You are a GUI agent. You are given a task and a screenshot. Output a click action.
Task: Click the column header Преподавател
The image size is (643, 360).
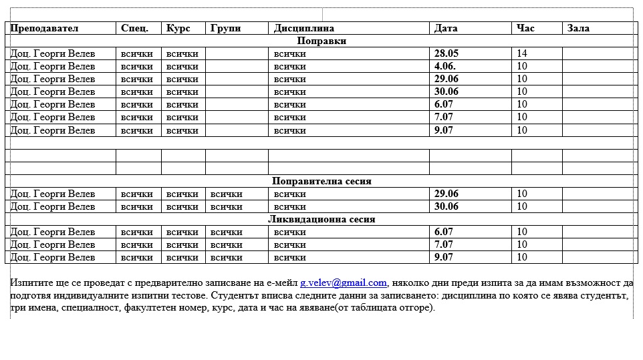click(x=44, y=28)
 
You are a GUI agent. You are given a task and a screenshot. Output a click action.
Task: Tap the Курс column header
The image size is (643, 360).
click(x=178, y=28)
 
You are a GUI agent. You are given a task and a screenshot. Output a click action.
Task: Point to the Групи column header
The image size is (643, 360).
click(x=225, y=28)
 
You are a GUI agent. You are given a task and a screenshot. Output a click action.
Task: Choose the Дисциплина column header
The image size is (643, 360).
click(x=303, y=28)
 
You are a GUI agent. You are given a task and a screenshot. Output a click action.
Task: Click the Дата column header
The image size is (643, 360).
click(x=446, y=28)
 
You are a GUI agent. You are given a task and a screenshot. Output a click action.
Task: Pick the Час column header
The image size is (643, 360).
click(x=526, y=28)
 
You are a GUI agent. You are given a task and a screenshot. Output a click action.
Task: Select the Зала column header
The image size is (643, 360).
click(x=578, y=28)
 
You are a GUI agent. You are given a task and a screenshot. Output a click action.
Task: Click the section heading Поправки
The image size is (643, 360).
click(x=321, y=41)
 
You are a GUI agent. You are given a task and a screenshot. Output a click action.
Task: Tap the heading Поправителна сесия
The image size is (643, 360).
click(x=321, y=181)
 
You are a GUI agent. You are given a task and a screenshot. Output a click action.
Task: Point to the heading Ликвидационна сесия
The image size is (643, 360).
click(x=321, y=219)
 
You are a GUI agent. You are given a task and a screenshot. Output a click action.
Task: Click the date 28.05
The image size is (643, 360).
click(x=446, y=53)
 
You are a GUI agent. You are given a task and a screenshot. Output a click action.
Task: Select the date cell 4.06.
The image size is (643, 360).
click(x=445, y=66)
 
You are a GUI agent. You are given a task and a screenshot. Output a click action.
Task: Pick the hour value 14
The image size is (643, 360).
click(x=522, y=53)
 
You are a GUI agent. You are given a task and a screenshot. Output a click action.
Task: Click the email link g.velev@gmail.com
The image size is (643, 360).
click(x=344, y=283)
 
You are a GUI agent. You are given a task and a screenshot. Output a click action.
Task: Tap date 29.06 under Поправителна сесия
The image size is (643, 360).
click(x=446, y=194)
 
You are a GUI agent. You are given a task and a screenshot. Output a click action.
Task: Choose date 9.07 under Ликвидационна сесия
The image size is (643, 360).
click(x=444, y=257)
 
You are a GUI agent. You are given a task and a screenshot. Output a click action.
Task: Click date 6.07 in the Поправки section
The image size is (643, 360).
click(x=444, y=104)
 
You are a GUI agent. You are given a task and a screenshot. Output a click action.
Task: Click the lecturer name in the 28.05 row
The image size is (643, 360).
click(x=53, y=53)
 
